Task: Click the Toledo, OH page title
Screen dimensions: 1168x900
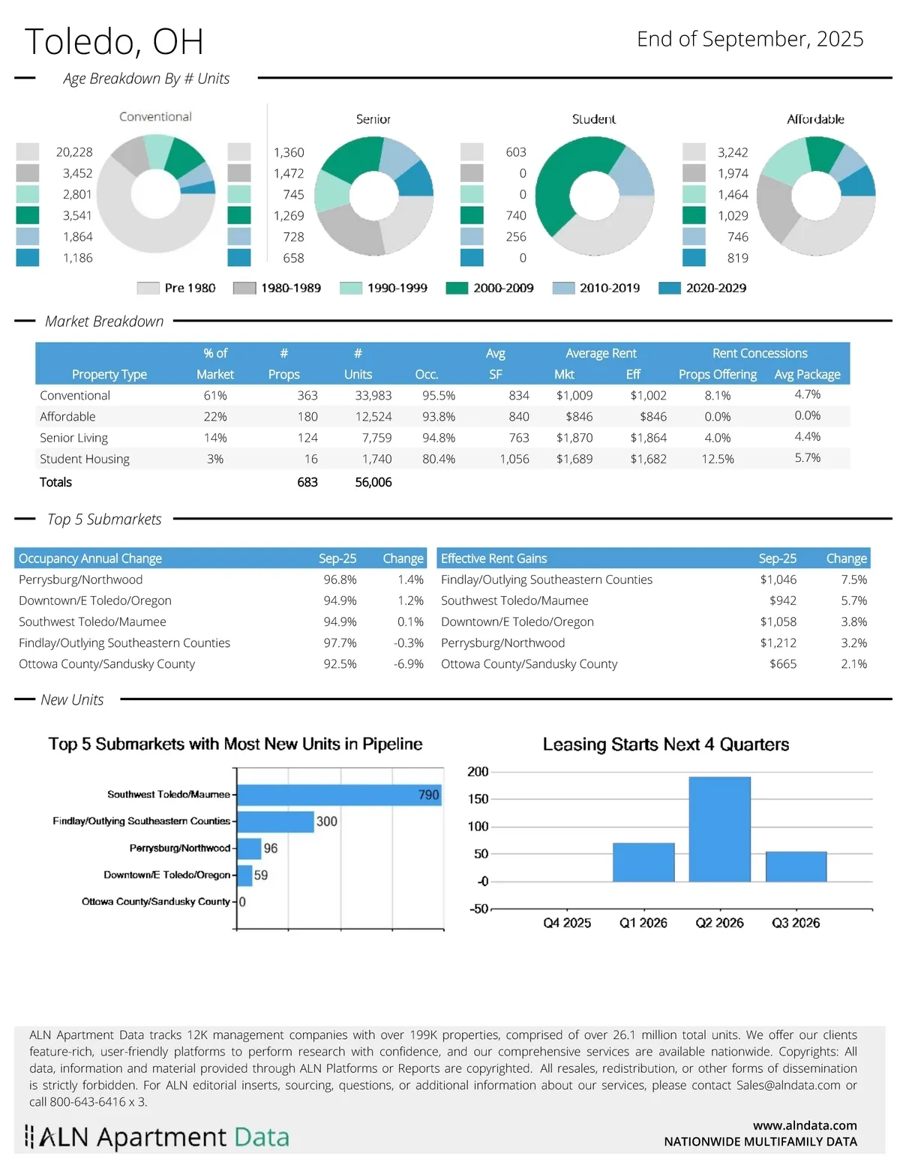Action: pyautogui.click(x=114, y=42)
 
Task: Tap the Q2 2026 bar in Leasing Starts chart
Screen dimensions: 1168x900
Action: pyautogui.click(x=719, y=828)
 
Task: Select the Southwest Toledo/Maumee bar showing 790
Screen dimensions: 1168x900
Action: pyautogui.click(x=339, y=795)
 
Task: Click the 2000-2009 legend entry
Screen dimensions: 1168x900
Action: pyautogui.click(x=490, y=288)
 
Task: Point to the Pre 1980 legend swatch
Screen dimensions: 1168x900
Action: pyautogui.click(x=148, y=288)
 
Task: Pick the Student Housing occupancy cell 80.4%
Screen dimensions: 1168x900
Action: pyautogui.click(x=439, y=459)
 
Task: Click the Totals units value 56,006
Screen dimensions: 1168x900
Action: pyautogui.click(x=373, y=482)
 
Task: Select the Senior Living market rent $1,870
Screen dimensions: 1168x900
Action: pyautogui.click(x=574, y=438)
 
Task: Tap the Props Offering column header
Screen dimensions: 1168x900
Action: pyautogui.click(x=718, y=374)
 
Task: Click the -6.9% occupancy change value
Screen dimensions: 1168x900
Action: pyautogui.click(x=409, y=663)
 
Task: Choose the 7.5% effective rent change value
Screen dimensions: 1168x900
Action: pyautogui.click(x=853, y=580)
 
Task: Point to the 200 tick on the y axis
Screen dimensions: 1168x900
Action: pyautogui.click(x=478, y=772)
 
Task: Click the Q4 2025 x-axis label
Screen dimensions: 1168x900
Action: pyautogui.click(x=567, y=923)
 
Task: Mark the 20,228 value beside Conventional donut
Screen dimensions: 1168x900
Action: pyautogui.click(x=74, y=152)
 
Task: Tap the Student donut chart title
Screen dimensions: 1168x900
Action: pyautogui.click(x=594, y=119)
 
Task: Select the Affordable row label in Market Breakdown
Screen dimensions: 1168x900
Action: pyautogui.click(x=67, y=417)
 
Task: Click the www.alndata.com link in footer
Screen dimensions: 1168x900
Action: pyautogui.click(x=805, y=1125)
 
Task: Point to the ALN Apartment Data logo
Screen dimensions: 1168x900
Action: pyautogui.click(x=157, y=1137)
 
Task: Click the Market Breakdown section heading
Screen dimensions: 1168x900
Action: pyautogui.click(x=104, y=322)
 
